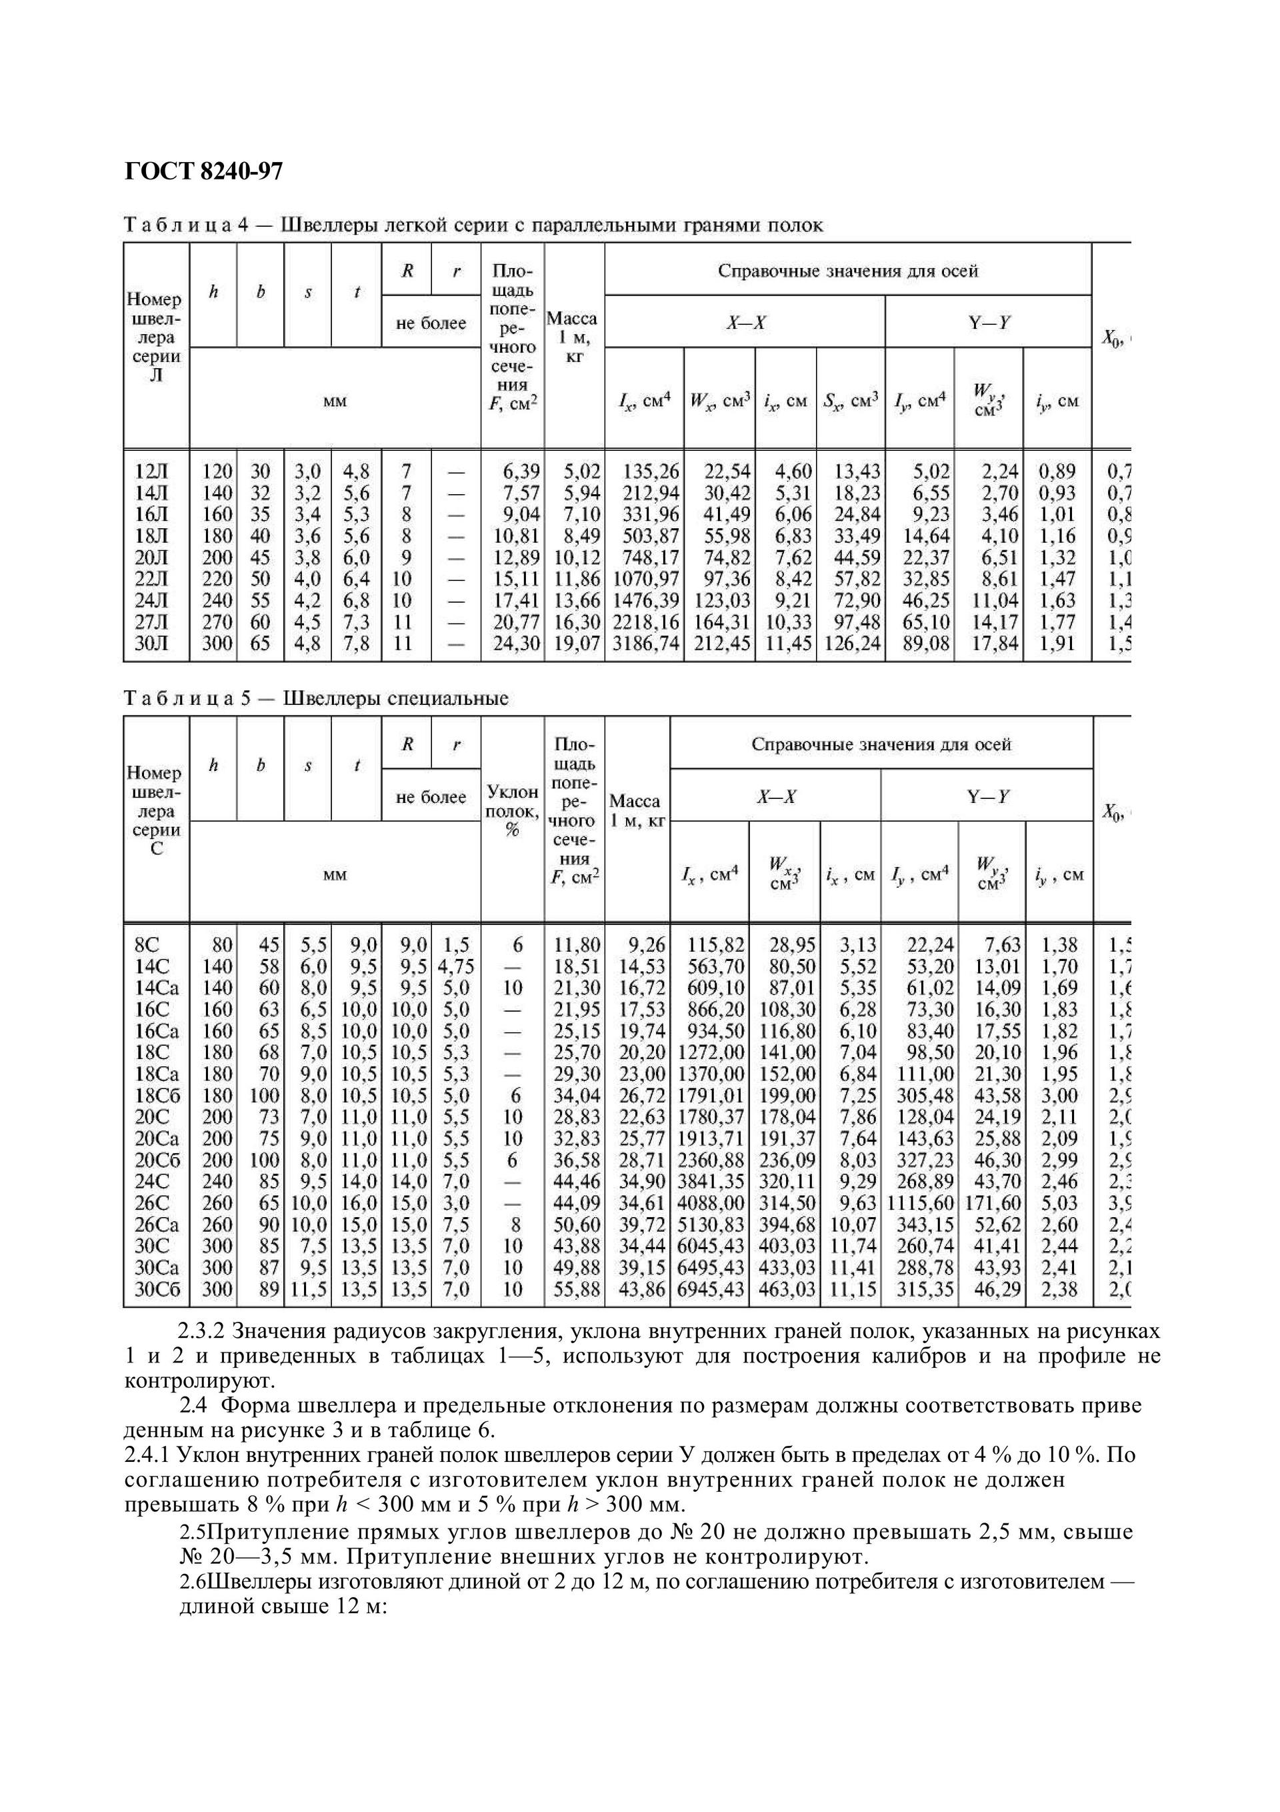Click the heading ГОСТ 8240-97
[203, 171]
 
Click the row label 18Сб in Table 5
[157, 1096]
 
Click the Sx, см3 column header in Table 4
[851, 401]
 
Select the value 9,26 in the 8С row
[646, 944]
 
